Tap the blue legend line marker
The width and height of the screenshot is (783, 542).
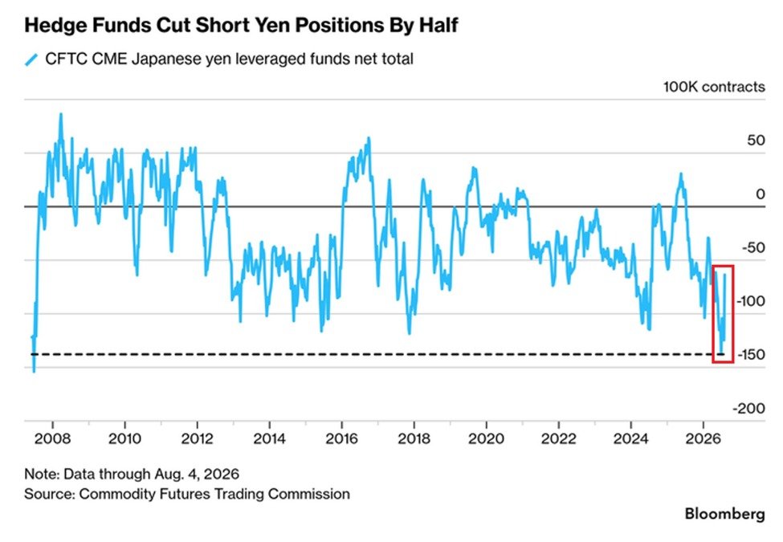(x=31, y=59)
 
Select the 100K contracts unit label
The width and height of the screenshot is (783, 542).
(x=714, y=87)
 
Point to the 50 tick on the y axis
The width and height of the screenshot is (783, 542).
(x=756, y=141)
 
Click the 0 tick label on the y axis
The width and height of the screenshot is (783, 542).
(x=760, y=194)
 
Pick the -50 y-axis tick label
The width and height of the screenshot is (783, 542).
(x=752, y=247)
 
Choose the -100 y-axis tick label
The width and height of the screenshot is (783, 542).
(x=750, y=301)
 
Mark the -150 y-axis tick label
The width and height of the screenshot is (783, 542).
(x=750, y=354)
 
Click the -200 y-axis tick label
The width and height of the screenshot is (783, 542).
(x=748, y=408)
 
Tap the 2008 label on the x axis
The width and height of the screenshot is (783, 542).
(x=52, y=438)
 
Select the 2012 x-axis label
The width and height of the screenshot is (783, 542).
(x=198, y=438)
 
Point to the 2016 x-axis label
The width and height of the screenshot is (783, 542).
(x=341, y=438)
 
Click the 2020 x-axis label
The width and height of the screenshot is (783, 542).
(x=486, y=438)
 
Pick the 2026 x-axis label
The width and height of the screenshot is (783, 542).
(x=703, y=438)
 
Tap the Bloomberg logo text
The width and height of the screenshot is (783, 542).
(x=724, y=514)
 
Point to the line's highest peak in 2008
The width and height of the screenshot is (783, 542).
(x=61, y=114)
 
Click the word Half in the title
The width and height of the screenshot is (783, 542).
(x=438, y=25)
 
